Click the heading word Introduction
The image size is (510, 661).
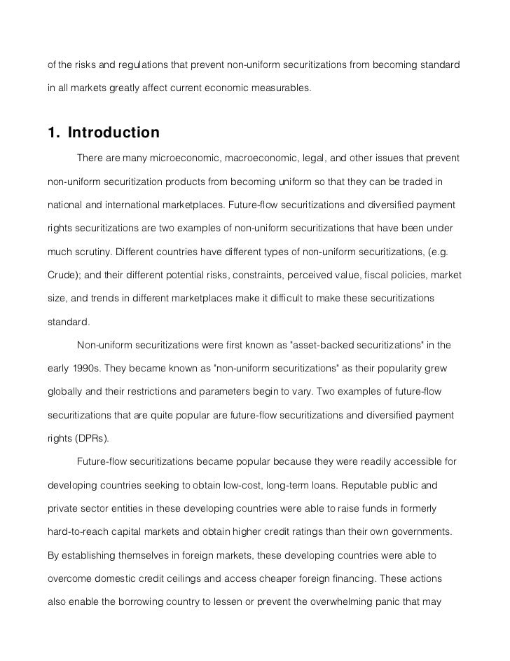[113, 132]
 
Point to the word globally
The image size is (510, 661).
[65, 391]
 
